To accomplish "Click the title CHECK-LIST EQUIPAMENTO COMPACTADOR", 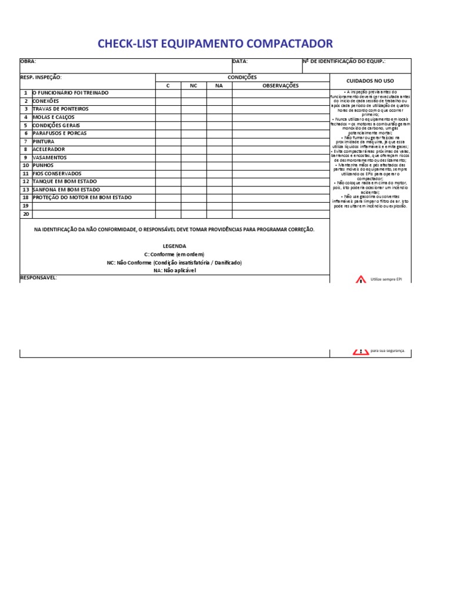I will coord(215,44).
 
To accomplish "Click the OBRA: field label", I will coord(28,61).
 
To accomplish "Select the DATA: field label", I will coord(240,61).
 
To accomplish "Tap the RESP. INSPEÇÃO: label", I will coord(41,77).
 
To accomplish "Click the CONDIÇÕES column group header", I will coord(242,77).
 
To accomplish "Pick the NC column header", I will coord(194,85).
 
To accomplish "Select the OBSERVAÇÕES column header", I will coord(280,85).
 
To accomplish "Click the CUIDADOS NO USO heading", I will coord(370,81).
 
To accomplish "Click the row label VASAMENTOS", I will coord(49,158).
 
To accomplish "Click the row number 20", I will coord(25,214).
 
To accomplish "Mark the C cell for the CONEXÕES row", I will coord(168,101).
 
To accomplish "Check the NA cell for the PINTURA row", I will coord(219,142).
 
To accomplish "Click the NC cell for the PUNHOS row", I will coord(194,166).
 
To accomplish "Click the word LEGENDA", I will coord(174,246).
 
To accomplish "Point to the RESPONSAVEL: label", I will coord(38,277).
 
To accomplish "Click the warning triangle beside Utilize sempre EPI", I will coord(361,279).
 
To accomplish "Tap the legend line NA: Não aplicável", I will coord(174,270).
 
